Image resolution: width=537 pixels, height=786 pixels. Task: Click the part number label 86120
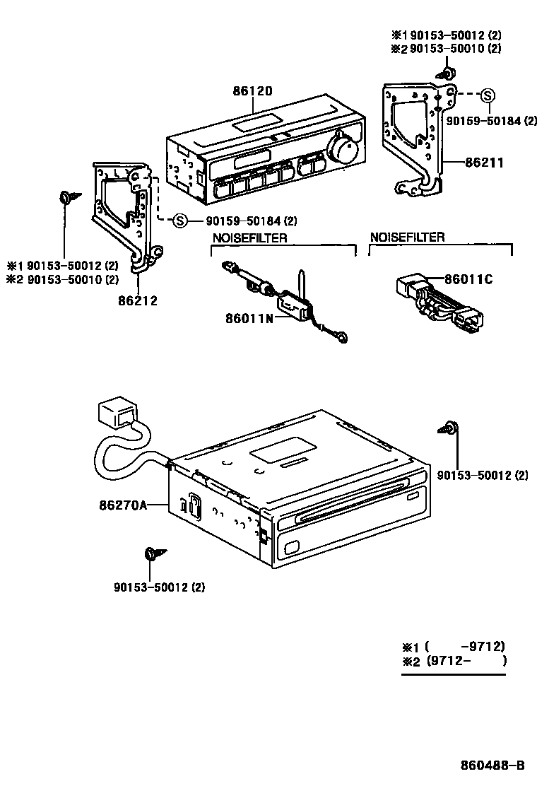[x=252, y=91]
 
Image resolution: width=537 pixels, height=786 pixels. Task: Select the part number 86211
[x=484, y=163]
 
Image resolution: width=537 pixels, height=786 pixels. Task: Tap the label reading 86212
[x=138, y=300]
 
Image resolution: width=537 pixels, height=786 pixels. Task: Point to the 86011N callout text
[x=248, y=318]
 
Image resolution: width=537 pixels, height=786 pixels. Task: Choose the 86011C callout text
[x=468, y=280]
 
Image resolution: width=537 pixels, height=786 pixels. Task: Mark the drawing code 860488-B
[x=492, y=765]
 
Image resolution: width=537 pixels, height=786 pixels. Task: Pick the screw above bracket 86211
[x=447, y=73]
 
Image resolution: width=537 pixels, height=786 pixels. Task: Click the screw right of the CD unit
[x=450, y=428]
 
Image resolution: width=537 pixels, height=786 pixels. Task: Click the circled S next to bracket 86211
[x=488, y=95]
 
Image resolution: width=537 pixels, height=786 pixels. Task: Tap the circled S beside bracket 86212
[x=179, y=221]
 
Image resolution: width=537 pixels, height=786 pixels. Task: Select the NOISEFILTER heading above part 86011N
[x=249, y=238]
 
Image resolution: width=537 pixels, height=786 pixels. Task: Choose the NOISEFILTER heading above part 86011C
[x=407, y=237]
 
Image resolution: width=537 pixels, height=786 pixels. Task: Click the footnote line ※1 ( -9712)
[x=454, y=647]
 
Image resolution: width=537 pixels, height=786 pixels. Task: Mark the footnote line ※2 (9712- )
[x=454, y=662]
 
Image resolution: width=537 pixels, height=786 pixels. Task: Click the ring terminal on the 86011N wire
[x=343, y=338]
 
